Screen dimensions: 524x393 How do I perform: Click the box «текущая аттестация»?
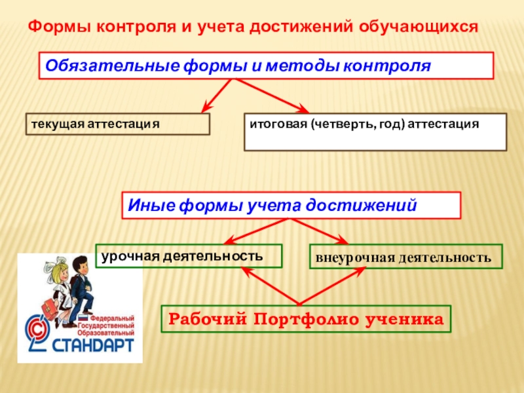click(x=118, y=124)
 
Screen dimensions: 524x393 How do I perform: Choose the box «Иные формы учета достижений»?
click(x=291, y=205)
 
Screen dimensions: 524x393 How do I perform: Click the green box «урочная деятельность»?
click(x=189, y=255)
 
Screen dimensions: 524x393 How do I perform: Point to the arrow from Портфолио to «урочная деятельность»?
click(x=269, y=286)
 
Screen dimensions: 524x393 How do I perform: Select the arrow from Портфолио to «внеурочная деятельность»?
click(x=334, y=286)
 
